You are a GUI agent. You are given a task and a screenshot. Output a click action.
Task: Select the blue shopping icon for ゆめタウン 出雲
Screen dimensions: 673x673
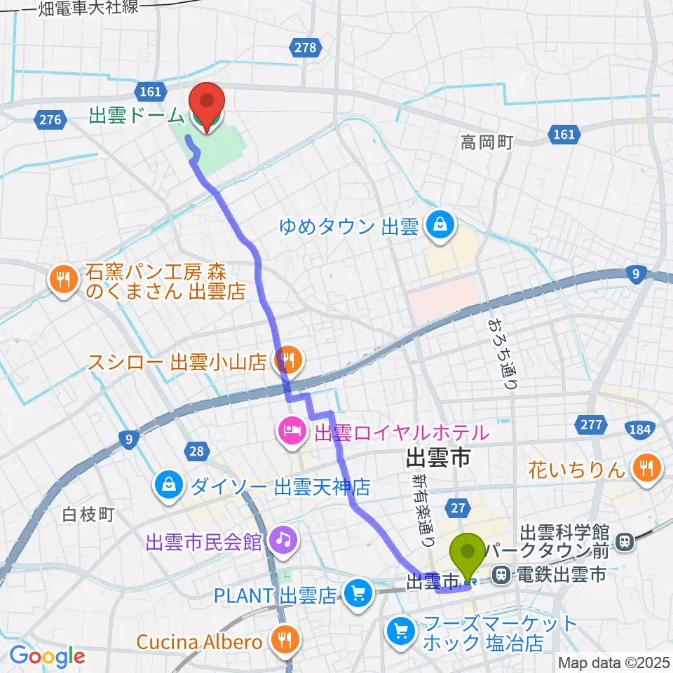pos(441,226)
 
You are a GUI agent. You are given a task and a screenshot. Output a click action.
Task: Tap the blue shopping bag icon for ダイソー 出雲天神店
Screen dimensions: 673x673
pos(170,485)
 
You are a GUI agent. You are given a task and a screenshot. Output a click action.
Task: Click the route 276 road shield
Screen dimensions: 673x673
pos(50,119)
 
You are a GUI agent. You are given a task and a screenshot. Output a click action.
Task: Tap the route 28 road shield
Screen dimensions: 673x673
pos(196,451)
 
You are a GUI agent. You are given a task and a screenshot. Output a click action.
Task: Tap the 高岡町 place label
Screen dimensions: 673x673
pos(487,143)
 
